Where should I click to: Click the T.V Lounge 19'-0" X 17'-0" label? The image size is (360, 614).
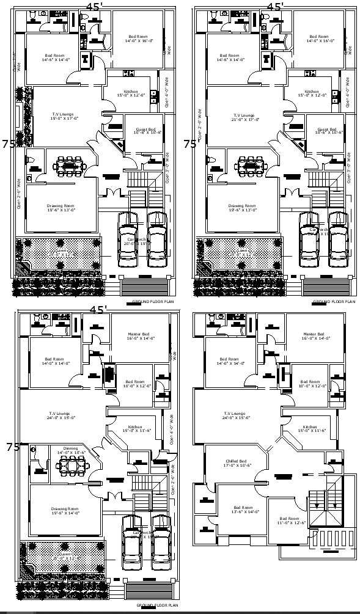coord(62,117)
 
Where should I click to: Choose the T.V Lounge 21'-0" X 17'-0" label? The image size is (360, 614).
coord(243,117)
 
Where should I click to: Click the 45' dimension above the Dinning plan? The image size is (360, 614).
coord(98,310)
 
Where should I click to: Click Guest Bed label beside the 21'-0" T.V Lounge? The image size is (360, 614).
coord(326,131)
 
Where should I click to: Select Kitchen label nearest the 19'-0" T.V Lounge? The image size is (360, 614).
coord(134,93)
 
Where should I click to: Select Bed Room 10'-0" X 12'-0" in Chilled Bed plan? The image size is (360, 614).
coord(310,384)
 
